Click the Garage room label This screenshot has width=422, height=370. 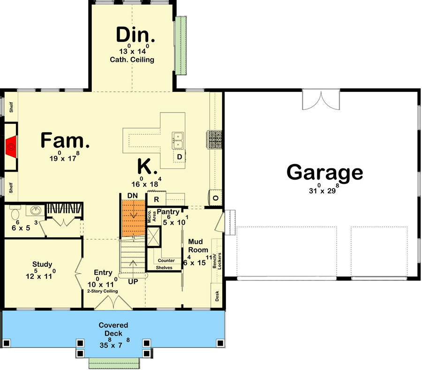pyautogui.click(x=324, y=172)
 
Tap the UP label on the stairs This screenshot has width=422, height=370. pyautogui.click(x=134, y=282)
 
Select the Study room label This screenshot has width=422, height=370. pyautogui.click(x=42, y=264)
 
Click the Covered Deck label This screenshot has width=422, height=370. pyautogui.click(x=113, y=329)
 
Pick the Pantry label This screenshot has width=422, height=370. pyautogui.click(x=168, y=212)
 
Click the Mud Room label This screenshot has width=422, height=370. pyautogui.click(x=198, y=245)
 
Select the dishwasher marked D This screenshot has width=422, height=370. pyautogui.click(x=179, y=157)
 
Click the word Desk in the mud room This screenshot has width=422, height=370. pyautogui.click(x=217, y=296)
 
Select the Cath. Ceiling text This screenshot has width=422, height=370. pyautogui.click(x=132, y=60)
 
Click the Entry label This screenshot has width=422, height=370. pyautogui.click(x=103, y=272)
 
